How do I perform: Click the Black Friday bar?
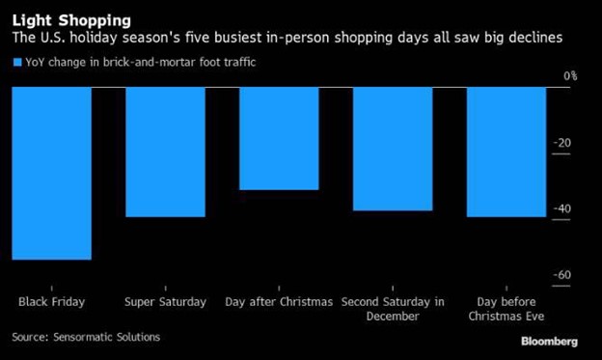coord(52,173)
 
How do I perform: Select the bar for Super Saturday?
coord(166,152)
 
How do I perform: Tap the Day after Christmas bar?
coord(279,138)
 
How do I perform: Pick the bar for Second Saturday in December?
coord(392,149)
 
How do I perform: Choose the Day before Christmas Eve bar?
coord(506,152)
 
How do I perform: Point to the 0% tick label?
coord(569,76)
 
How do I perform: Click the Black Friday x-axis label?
coord(52,301)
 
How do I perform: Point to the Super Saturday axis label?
coord(166,301)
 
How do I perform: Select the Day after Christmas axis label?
coord(279,301)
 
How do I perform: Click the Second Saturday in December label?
coord(392,308)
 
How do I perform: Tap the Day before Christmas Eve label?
coord(506,308)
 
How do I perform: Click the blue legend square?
coord(16,63)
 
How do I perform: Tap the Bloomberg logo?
coord(549,341)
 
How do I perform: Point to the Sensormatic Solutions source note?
coord(86,337)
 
